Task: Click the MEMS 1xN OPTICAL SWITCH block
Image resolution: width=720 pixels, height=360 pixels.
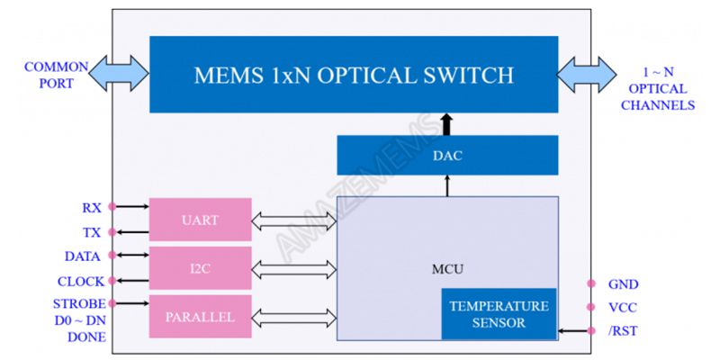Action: click(x=354, y=74)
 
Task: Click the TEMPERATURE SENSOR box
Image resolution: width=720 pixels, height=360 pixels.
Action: click(x=499, y=314)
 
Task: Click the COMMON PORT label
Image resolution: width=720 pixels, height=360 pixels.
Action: click(x=56, y=75)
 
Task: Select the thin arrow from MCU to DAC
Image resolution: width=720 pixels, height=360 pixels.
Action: click(x=447, y=184)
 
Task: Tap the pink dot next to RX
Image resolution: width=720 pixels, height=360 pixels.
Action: click(x=112, y=207)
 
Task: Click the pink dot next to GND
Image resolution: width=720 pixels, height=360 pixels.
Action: click(x=591, y=283)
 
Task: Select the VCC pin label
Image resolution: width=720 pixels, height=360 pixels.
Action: click(x=623, y=307)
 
